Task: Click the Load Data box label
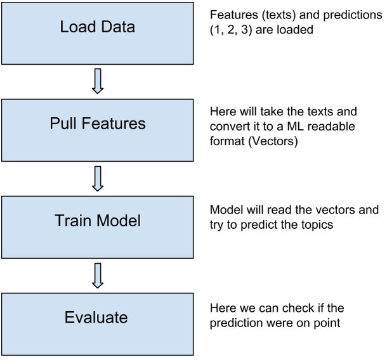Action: tap(98, 27)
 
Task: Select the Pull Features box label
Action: tap(98, 124)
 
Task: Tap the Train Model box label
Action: tap(98, 220)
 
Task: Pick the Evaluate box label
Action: tap(96, 317)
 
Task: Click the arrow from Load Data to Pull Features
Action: tap(98, 81)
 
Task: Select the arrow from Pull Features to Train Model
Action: tap(98, 179)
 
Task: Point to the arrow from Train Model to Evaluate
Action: tap(98, 276)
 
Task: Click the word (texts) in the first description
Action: tap(279, 15)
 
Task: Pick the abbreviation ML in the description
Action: tap(296, 127)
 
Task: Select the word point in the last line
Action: tap(327, 323)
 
